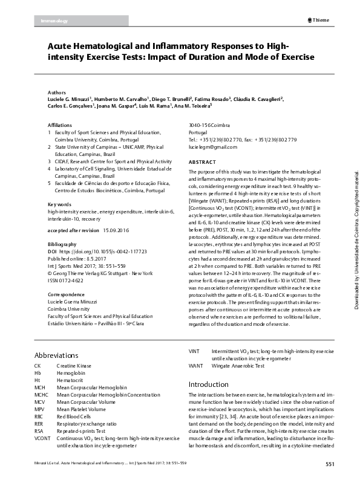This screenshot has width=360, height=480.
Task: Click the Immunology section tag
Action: (54, 21)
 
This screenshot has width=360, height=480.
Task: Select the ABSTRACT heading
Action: (202, 163)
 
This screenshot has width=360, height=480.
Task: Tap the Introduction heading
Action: (209, 384)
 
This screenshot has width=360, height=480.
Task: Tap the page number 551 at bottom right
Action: (330, 464)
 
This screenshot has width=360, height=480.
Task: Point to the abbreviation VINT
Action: (194, 351)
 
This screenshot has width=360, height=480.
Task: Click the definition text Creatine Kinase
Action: (74, 366)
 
